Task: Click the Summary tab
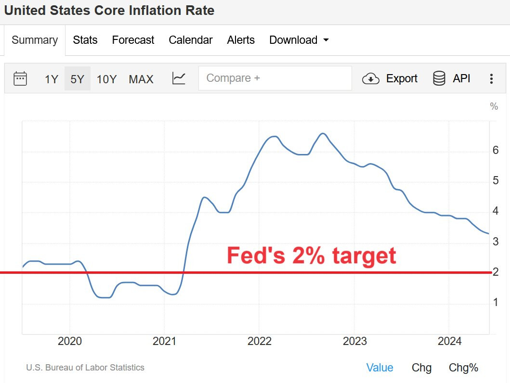[x=35, y=40]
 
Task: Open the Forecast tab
[x=133, y=40]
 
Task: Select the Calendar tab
[x=190, y=40]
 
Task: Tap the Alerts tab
[x=241, y=40]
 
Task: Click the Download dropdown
[x=299, y=40]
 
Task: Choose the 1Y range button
[x=52, y=79]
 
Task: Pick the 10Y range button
[x=106, y=79]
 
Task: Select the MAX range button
[x=141, y=79]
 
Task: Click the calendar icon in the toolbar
[x=20, y=78]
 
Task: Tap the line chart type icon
[x=179, y=78]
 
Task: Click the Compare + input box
[x=275, y=78]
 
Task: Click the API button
[x=452, y=78]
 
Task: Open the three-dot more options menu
[x=491, y=79]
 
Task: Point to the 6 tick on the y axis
[x=496, y=150]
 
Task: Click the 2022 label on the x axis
[x=260, y=342]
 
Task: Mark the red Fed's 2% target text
[x=311, y=255]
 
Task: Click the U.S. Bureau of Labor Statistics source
[x=85, y=368]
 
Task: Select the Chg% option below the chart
[x=463, y=368]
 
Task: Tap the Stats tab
[x=85, y=40]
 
